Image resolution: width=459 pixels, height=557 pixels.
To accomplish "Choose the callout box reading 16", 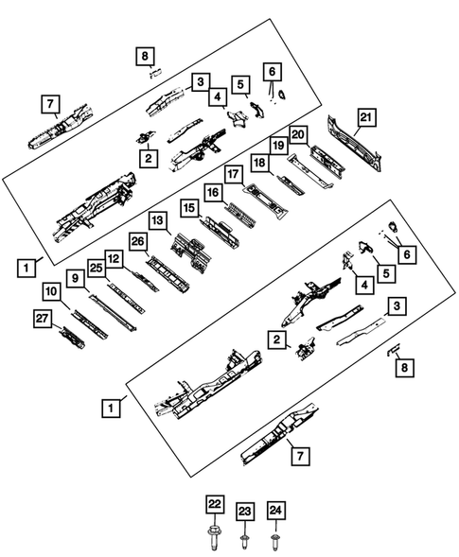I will click(x=214, y=193).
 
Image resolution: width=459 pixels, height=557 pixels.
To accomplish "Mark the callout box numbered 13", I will click(x=158, y=220).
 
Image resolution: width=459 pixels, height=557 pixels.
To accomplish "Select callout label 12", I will click(x=114, y=257).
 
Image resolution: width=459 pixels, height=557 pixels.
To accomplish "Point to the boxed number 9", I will click(x=74, y=281).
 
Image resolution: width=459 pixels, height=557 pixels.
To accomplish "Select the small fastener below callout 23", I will click(x=243, y=541).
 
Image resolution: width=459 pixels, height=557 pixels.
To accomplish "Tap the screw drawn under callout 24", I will click(x=275, y=541).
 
